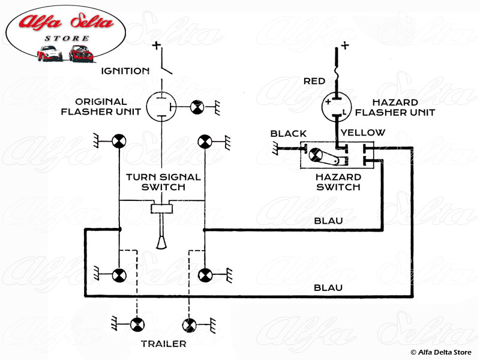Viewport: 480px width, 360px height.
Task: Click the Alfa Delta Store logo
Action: click(x=65, y=36)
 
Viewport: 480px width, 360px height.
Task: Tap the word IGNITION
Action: click(x=124, y=71)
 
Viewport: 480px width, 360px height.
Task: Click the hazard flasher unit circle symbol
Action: click(x=336, y=107)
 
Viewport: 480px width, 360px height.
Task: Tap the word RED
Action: click(x=315, y=81)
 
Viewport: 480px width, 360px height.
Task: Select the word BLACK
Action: click(x=289, y=133)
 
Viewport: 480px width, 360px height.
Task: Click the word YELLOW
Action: click(x=363, y=133)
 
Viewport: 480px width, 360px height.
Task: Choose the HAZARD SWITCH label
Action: click(x=339, y=182)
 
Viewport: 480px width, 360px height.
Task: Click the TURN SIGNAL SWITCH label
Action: click(x=163, y=182)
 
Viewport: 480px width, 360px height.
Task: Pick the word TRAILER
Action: click(x=163, y=344)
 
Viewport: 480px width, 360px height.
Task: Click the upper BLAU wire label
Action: click(x=328, y=221)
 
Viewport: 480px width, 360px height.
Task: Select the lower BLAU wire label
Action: click(x=328, y=288)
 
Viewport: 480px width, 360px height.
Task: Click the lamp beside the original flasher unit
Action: click(x=197, y=107)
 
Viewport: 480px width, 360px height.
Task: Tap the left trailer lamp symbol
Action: click(x=137, y=324)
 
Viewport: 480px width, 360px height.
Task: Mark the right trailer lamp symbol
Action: click(x=190, y=324)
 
